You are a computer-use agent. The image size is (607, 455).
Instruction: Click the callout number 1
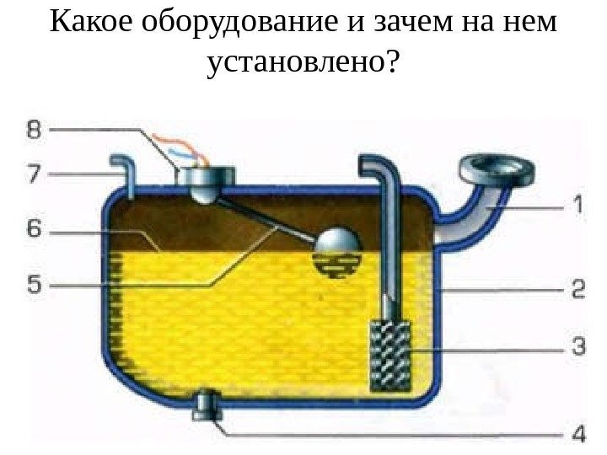pos(578,205)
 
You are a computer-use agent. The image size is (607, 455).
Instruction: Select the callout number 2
pos(578,290)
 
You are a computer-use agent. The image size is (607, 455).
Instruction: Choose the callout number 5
pos(33,286)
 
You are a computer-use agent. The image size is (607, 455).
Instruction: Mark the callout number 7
pos(33,174)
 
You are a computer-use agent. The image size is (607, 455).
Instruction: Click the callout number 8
pos(33,130)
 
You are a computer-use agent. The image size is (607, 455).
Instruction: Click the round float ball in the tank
pos(337,250)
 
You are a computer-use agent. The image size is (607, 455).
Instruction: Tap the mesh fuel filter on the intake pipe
pos(389,354)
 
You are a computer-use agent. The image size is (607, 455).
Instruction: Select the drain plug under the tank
pos(206,408)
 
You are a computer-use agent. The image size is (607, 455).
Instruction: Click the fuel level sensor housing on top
pos(207,179)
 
